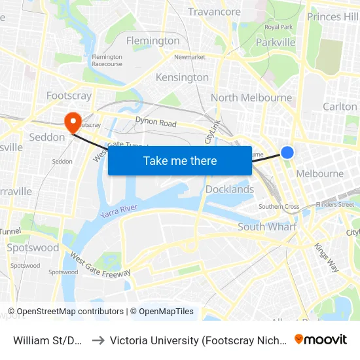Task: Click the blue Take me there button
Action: coord(180,160)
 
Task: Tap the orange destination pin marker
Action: coord(71,120)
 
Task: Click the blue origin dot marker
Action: coord(287,153)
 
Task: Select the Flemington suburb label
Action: coord(153,41)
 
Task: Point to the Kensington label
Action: coord(182,77)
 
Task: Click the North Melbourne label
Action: coord(251,98)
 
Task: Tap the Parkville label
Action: coord(276,43)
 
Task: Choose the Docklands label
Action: coord(230,189)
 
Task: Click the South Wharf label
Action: coord(267,226)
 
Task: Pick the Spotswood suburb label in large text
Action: coord(33,248)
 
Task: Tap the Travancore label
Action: coord(214,12)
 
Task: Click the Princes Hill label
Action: coord(333,16)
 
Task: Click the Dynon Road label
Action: coord(156,122)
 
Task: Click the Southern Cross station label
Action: coord(279,207)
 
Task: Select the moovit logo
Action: coord(321,340)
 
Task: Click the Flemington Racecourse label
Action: coord(107,60)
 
